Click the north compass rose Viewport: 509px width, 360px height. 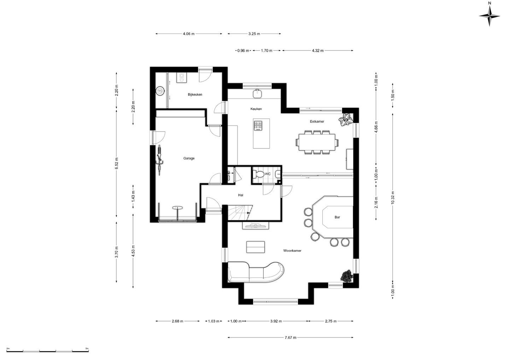pyautogui.click(x=490, y=16)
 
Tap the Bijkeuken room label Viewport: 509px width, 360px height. pyautogui.click(x=195, y=94)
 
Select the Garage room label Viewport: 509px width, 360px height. pyautogui.click(x=189, y=158)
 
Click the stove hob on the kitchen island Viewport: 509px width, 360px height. pyautogui.click(x=258, y=126)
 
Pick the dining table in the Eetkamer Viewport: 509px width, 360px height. pyautogui.click(x=317, y=142)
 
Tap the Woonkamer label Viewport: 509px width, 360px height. pyautogui.click(x=292, y=251)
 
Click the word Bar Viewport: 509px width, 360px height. pyautogui.click(x=337, y=217)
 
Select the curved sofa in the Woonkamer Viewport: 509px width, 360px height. pyautogui.click(x=256, y=272)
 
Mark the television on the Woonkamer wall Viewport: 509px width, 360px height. pyautogui.click(x=256, y=225)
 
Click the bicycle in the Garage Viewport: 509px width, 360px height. pyautogui.click(x=159, y=160)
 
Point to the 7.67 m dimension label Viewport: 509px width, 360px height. pyautogui.click(x=291, y=337)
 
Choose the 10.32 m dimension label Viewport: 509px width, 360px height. pyautogui.click(x=393, y=198)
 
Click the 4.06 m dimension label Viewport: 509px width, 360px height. pyautogui.click(x=189, y=34)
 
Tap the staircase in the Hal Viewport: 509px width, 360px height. pyautogui.click(x=240, y=213)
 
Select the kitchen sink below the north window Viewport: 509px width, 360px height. pyautogui.click(x=257, y=93)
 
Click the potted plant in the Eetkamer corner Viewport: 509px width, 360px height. pyautogui.click(x=346, y=120)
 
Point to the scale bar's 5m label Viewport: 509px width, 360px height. pyautogui.click(x=87, y=348)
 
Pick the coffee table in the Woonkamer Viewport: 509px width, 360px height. pyautogui.click(x=256, y=247)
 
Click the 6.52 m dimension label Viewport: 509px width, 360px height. pyautogui.click(x=117, y=163)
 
